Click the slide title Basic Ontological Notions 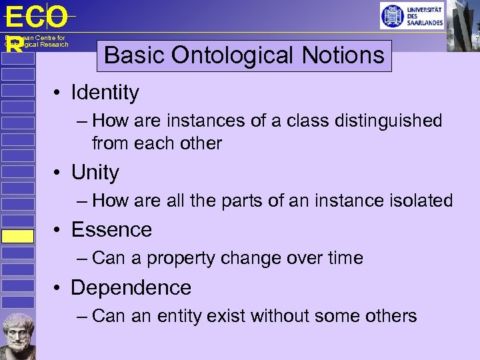[x=244, y=55]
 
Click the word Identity [x=105, y=93]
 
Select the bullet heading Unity [x=95, y=173]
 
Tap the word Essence [x=111, y=229]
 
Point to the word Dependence [x=131, y=287]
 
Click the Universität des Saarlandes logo [x=411, y=15]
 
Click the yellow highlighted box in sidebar [x=17, y=236]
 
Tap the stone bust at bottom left [x=19, y=335]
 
